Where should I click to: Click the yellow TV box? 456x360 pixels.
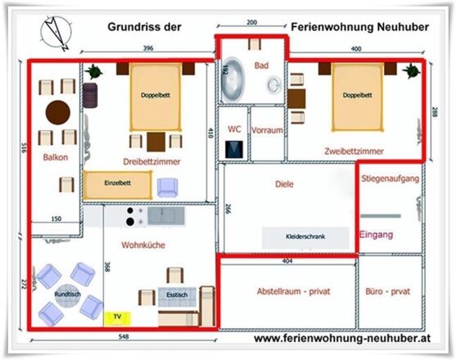[x=118, y=318]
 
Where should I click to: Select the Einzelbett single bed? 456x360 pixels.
[x=118, y=185]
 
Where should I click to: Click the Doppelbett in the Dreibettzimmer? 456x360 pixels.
[x=156, y=97]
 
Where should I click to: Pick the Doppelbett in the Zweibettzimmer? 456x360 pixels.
[x=358, y=97]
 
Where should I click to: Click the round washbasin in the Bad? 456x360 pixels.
[x=274, y=85]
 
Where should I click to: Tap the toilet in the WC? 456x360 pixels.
[x=234, y=150]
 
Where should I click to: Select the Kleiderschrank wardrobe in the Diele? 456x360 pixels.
[x=305, y=237]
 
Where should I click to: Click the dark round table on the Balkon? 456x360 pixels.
[x=58, y=112]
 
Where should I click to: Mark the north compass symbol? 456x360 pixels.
[x=56, y=33]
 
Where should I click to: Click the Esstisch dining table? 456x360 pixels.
[x=177, y=297]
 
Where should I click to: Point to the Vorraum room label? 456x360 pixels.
[x=267, y=130]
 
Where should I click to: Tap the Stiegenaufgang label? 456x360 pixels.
[x=391, y=178]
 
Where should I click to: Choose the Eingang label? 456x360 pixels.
[x=377, y=235]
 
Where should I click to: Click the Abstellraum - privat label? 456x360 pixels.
[x=294, y=291]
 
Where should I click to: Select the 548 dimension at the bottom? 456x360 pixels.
[x=124, y=336]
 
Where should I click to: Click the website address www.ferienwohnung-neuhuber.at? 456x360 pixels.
[x=342, y=339]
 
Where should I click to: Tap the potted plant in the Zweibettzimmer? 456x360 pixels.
[x=411, y=70]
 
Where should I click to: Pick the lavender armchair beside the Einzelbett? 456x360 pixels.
[x=167, y=187]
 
